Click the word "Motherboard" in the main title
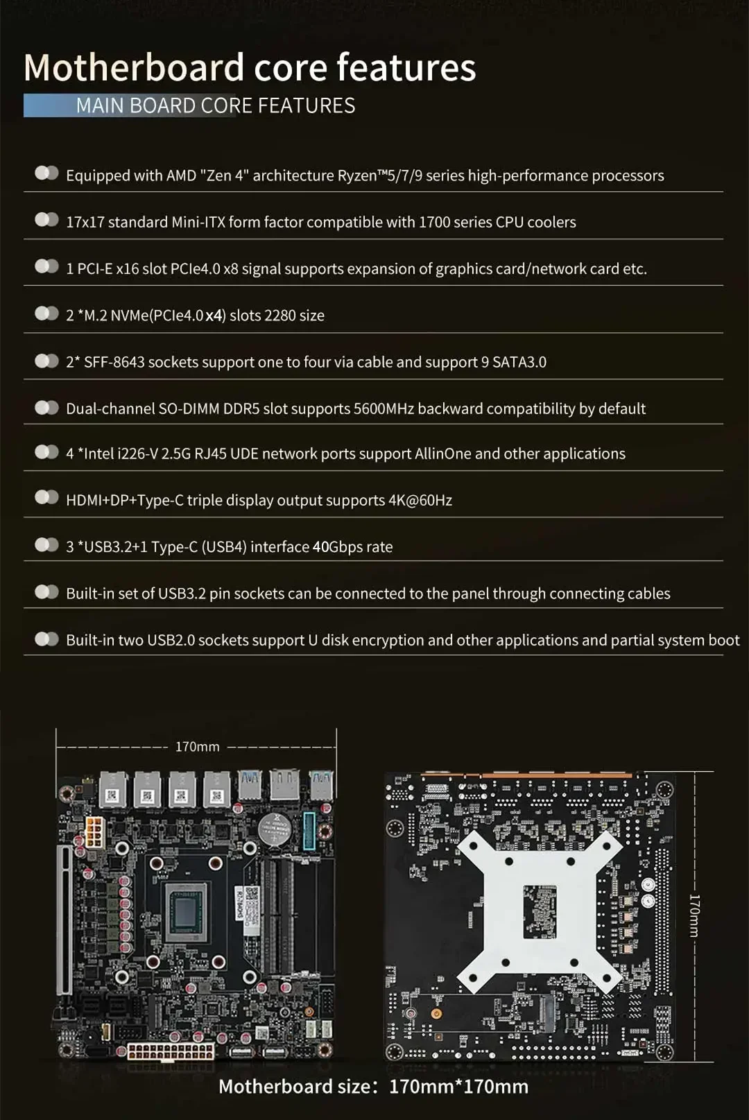133,67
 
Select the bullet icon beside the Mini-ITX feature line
47,220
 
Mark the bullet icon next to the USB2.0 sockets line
47,639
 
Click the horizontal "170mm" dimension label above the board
197,747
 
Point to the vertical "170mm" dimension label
694,915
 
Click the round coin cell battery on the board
275,826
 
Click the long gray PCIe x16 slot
64,920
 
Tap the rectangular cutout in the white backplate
540,911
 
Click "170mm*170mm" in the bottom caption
458,1086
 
